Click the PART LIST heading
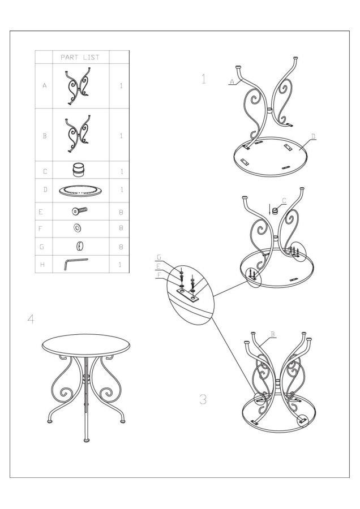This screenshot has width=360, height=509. click(x=80, y=58)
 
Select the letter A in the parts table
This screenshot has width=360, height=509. click(x=45, y=86)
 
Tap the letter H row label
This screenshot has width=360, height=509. click(x=42, y=265)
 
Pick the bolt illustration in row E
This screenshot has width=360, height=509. click(x=80, y=211)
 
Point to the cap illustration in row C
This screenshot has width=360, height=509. click(x=78, y=170)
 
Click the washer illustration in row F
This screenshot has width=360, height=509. click(x=78, y=228)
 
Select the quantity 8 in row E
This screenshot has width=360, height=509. click(x=121, y=212)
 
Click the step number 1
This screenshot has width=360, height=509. click(x=204, y=79)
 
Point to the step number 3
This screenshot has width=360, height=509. click(x=203, y=399)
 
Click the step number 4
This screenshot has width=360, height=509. click(x=31, y=319)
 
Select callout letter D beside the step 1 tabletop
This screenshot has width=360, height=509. click(x=313, y=136)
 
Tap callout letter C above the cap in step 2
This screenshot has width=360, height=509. click(x=284, y=201)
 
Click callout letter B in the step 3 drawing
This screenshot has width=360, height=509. click(x=273, y=334)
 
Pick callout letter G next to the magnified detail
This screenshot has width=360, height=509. click(x=159, y=257)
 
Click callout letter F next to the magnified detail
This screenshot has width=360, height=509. click(x=159, y=275)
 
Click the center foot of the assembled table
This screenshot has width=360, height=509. click(x=87, y=441)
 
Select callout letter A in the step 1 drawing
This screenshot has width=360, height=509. click(x=232, y=81)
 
